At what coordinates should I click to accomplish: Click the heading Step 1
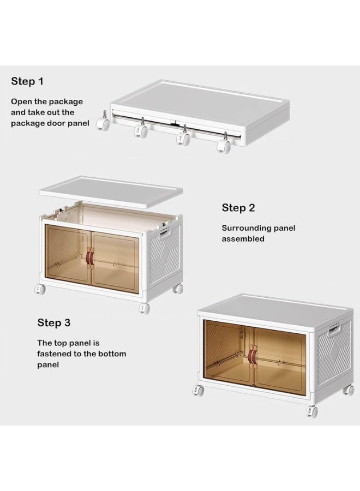27,81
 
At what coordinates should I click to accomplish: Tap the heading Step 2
238,208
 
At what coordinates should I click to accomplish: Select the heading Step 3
54,323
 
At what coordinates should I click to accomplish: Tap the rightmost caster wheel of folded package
224,145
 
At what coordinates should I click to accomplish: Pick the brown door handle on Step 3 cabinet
253,356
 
